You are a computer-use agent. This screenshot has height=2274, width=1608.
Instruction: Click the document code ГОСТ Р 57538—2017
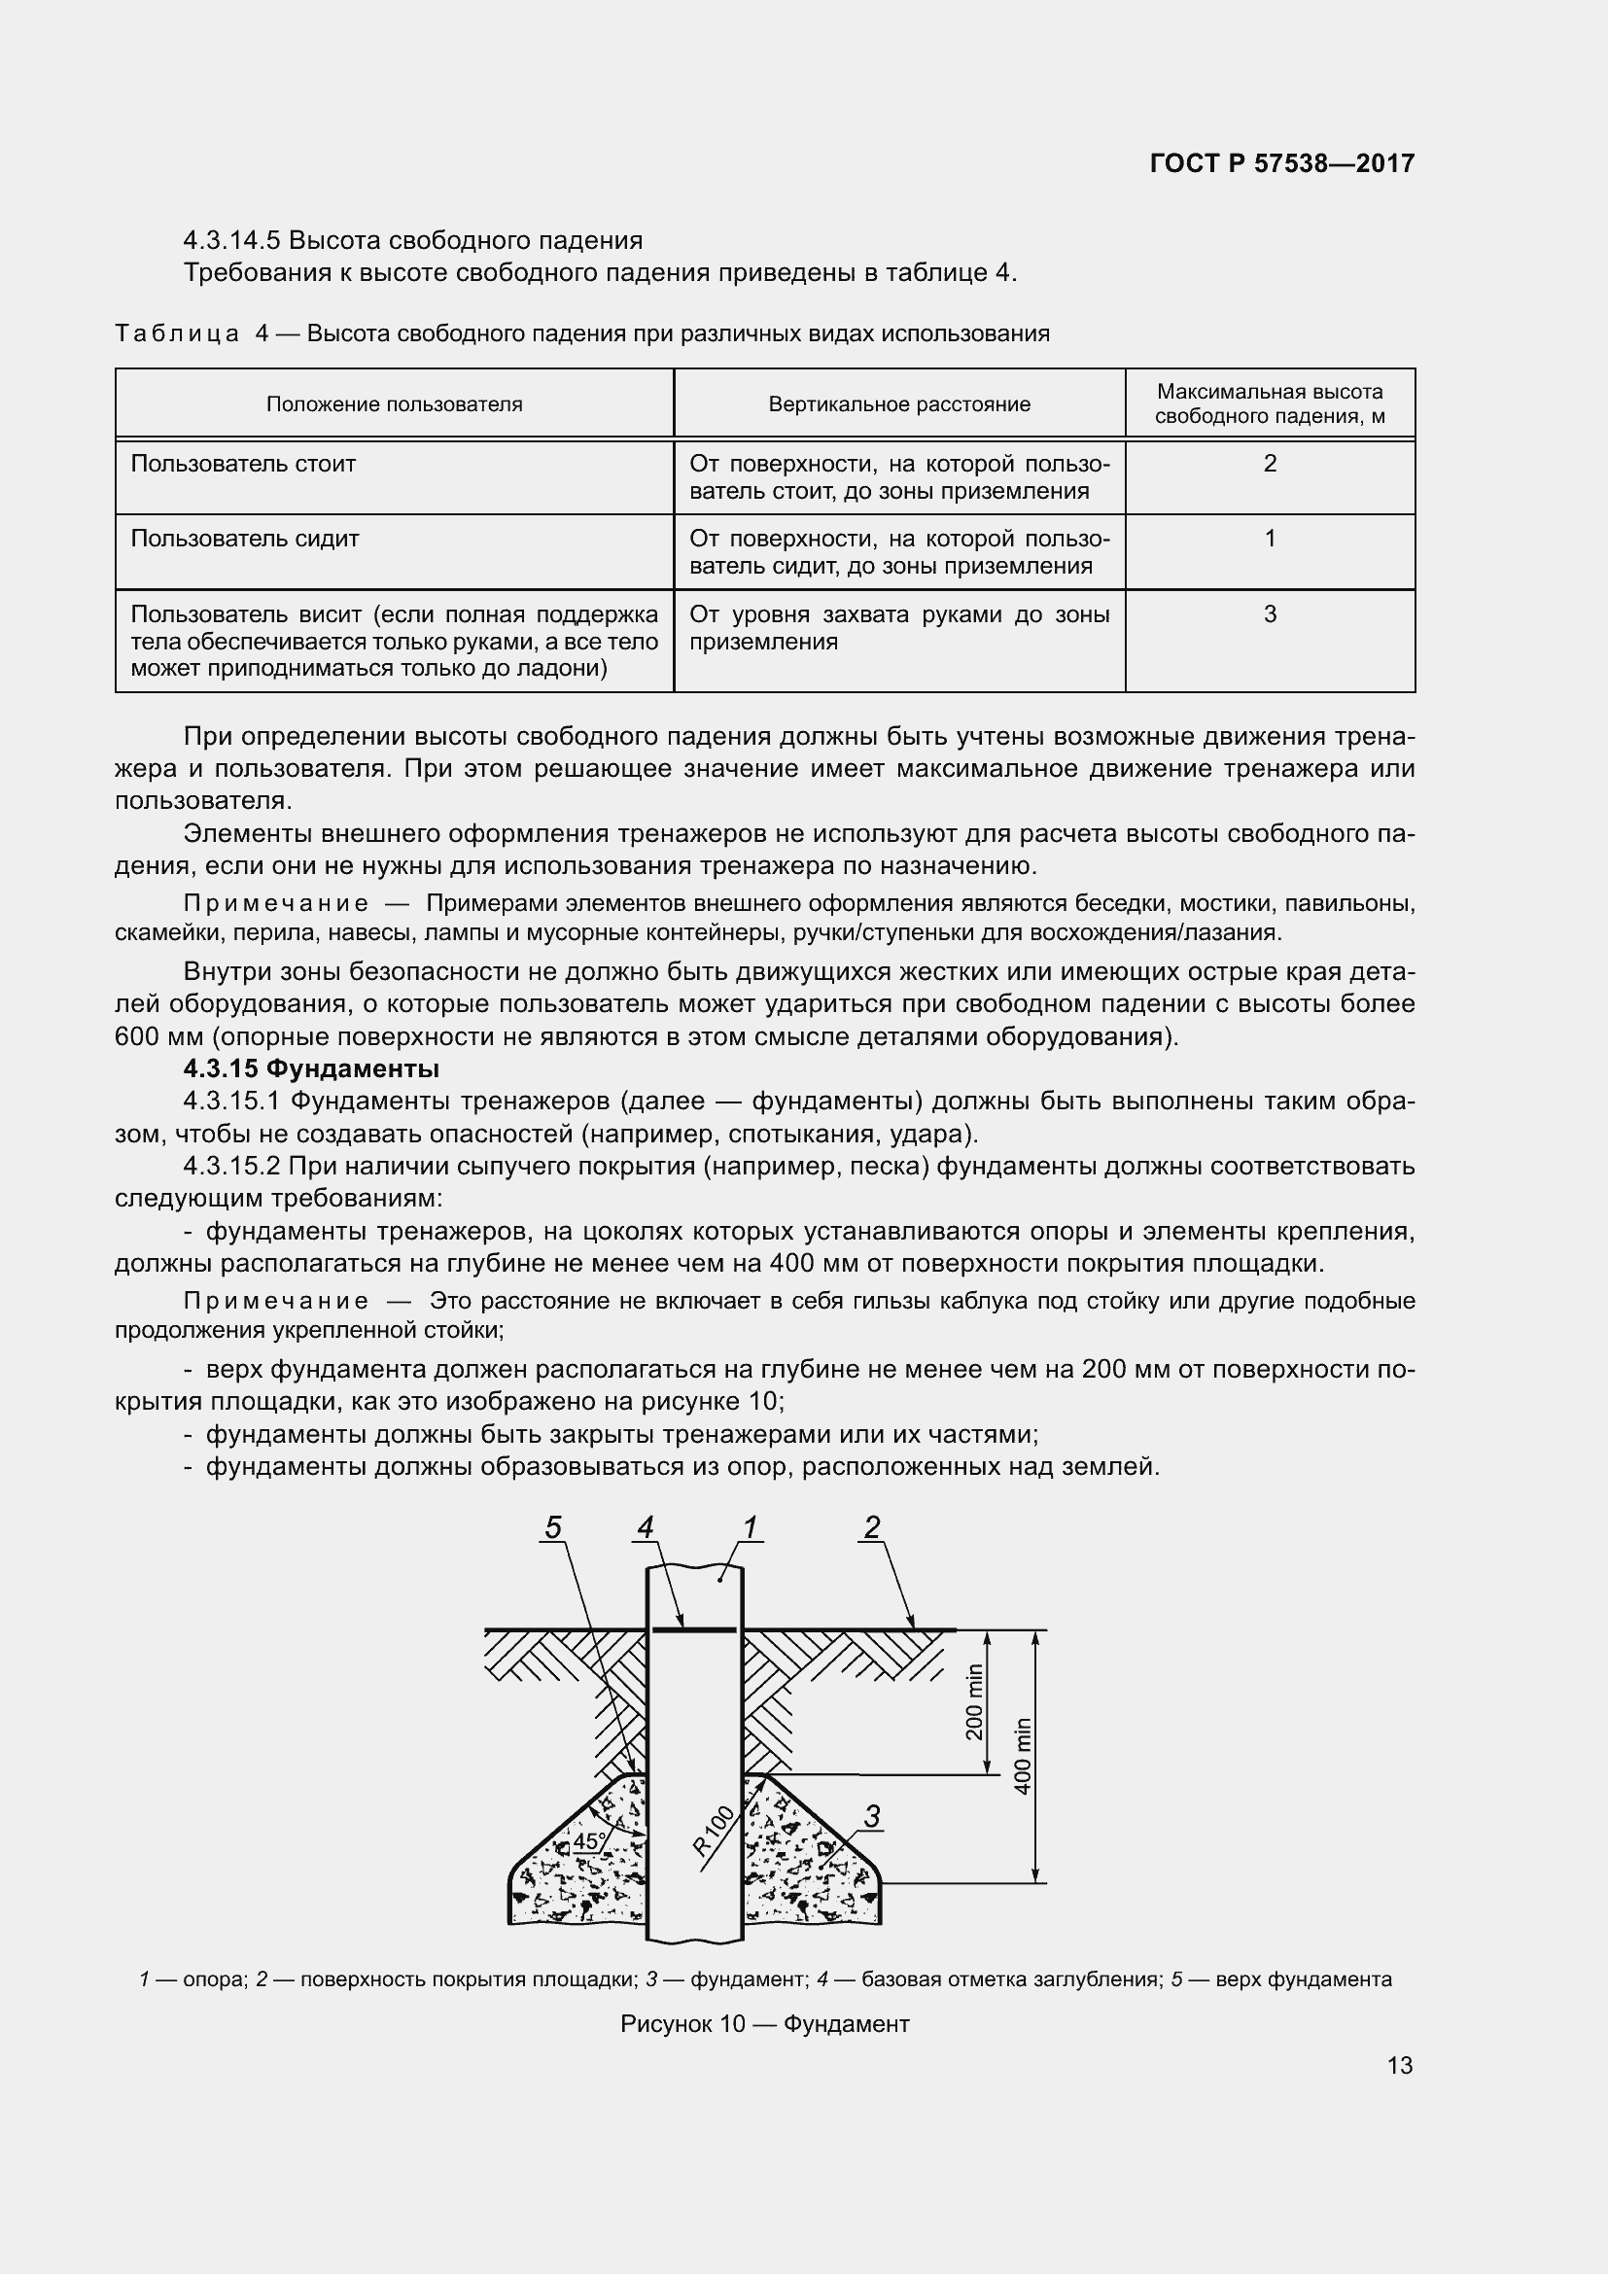(1281, 164)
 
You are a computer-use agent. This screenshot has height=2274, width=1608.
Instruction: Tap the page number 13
(1399, 2065)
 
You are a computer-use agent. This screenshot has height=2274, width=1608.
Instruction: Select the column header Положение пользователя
(394, 404)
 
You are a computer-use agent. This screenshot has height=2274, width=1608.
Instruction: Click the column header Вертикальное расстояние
(899, 404)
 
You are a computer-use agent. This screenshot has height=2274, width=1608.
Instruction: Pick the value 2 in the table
(1270, 464)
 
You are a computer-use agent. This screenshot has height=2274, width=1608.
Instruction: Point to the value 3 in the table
(1270, 614)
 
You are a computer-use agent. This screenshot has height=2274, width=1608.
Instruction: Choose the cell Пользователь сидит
(245, 539)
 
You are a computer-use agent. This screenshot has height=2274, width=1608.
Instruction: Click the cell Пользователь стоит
(243, 464)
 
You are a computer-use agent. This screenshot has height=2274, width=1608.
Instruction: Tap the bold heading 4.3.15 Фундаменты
(311, 1068)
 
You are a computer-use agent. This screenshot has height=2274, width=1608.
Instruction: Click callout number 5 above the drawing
(552, 1527)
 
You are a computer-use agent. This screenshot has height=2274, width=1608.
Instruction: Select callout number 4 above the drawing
(645, 1527)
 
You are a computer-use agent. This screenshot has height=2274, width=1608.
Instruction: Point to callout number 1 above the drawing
(750, 1527)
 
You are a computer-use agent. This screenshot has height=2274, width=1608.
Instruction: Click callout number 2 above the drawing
(871, 1527)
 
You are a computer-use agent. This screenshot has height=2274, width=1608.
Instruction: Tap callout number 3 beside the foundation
(871, 1816)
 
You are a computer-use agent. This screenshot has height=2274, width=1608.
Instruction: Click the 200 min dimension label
(974, 1701)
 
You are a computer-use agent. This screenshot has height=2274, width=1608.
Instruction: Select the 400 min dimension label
(1024, 1755)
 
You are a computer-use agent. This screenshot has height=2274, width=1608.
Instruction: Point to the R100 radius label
(713, 1831)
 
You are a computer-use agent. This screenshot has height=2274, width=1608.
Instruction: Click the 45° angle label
(589, 1841)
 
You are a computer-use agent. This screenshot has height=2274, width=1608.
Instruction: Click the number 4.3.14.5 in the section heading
(231, 241)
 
